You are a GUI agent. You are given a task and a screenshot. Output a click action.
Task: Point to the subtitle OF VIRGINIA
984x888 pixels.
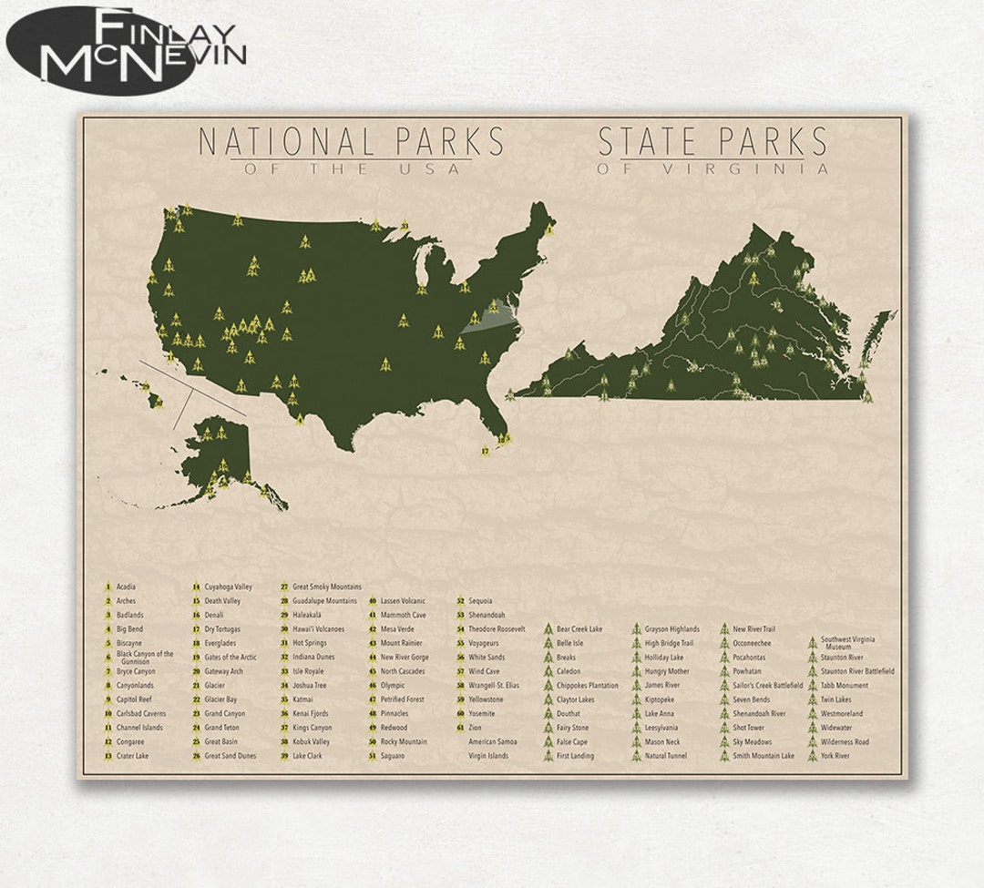[712, 168]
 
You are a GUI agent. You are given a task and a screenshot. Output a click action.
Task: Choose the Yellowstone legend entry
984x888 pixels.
[486, 699]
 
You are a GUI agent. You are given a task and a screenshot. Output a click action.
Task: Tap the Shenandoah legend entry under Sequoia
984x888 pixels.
[487, 615]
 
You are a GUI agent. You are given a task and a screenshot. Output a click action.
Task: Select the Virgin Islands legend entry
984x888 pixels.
[488, 756]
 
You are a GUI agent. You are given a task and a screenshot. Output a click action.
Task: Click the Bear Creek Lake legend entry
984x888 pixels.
[579, 629]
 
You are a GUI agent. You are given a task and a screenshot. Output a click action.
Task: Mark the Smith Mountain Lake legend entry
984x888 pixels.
[763, 756]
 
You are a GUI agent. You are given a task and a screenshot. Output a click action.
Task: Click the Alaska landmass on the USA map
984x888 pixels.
[219, 455]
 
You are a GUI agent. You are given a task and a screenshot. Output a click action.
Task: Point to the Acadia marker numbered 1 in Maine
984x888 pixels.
[548, 230]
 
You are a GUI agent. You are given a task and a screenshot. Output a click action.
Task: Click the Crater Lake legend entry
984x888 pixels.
[131, 756]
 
